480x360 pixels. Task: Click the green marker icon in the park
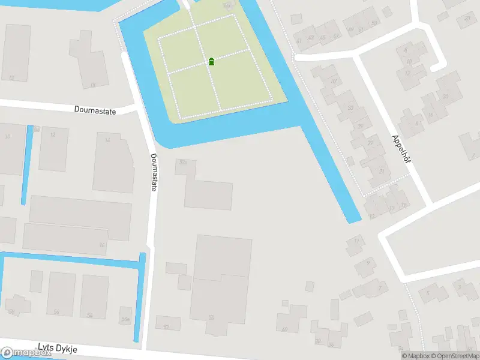pyautogui.click(x=211, y=61)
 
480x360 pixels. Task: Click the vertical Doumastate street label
pyautogui.click(x=154, y=172)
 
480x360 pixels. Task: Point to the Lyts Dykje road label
pyautogui.click(x=58, y=348)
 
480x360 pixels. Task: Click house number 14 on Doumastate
pyautogui.click(x=108, y=140)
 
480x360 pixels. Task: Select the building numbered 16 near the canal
pyautogui.click(x=103, y=245)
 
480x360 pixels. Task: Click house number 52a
pyautogui.click(x=184, y=162)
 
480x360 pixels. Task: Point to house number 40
pyautogui.click(x=284, y=329)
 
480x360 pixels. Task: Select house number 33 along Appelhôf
pyautogui.click(x=350, y=108)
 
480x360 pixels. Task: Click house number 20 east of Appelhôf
pyautogui.click(x=445, y=97)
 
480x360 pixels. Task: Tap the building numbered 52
pyautogui.click(x=166, y=326)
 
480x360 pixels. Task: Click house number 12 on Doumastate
pyautogui.click(x=53, y=134)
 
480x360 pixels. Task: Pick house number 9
pyautogui.click(x=367, y=262)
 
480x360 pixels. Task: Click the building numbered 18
pyautogui.click(x=92, y=85)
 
